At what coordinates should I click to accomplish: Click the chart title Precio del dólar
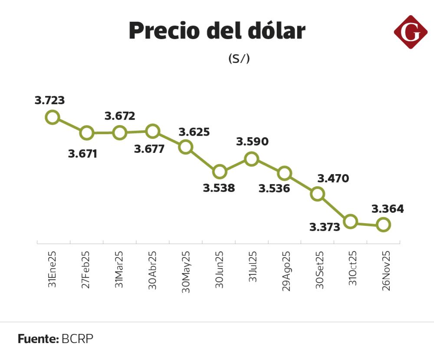click(217, 31)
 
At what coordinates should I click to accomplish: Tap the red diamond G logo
click(411, 32)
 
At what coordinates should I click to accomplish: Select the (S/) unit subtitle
click(239, 59)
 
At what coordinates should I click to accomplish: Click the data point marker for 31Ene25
click(53, 117)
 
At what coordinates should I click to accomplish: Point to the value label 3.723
click(50, 100)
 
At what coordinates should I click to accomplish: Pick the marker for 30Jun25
click(220, 172)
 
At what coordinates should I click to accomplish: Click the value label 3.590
click(252, 142)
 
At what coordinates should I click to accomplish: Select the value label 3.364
click(388, 209)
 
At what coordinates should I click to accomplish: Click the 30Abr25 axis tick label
click(152, 270)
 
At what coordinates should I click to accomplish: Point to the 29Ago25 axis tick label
click(286, 271)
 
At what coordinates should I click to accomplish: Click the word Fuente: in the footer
click(38, 339)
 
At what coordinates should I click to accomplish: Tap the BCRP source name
click(78, 339)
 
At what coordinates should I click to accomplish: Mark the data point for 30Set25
click(318, 194)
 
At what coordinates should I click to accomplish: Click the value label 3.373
click(325, 227)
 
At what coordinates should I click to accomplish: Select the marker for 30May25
click(186, 147)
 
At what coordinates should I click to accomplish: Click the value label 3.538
click(219, 188)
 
